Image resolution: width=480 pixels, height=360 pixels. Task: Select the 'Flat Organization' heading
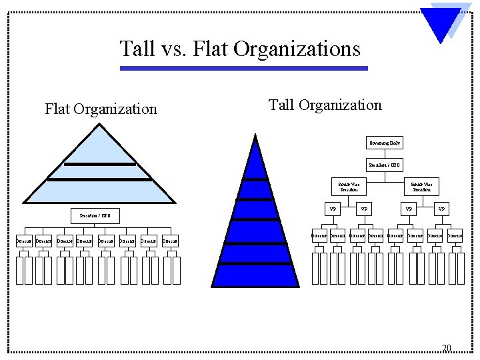[x=101, y=109]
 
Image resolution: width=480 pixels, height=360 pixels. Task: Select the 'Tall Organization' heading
[x=325, y=105]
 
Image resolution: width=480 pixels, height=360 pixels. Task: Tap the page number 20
[x=447, y=347]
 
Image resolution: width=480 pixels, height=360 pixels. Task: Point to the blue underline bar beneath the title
[x=243, y=68]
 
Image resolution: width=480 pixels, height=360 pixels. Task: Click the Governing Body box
[x=385, y=143]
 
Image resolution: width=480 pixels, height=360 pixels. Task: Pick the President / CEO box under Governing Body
[x=385, y=165]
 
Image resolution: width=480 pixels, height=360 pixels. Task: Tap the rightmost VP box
[x=441, y=209]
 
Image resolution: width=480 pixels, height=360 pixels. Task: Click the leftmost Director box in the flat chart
[x=24, y=241]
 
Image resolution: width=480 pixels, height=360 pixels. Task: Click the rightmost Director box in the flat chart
[x=171, y=241]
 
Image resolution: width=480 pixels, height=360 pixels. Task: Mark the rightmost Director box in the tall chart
[x=455, y=235]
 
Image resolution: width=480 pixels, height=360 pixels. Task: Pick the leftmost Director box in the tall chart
[x=319, y=235]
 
